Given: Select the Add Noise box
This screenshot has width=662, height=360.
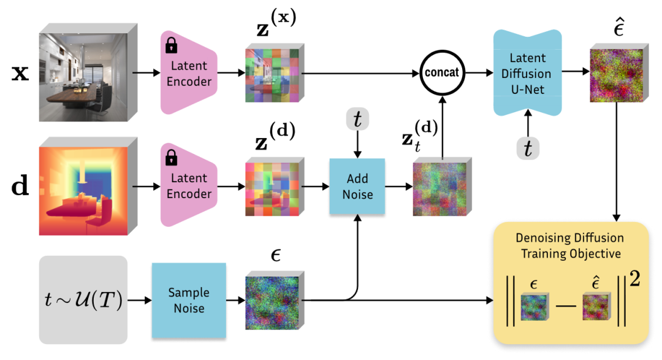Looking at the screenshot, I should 357,186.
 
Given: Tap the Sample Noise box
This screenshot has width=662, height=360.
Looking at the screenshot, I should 189,300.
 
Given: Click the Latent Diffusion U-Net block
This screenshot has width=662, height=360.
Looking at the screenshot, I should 527,72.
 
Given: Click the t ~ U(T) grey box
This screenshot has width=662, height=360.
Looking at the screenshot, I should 83,300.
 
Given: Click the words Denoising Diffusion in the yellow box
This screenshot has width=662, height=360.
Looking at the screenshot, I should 570,237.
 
